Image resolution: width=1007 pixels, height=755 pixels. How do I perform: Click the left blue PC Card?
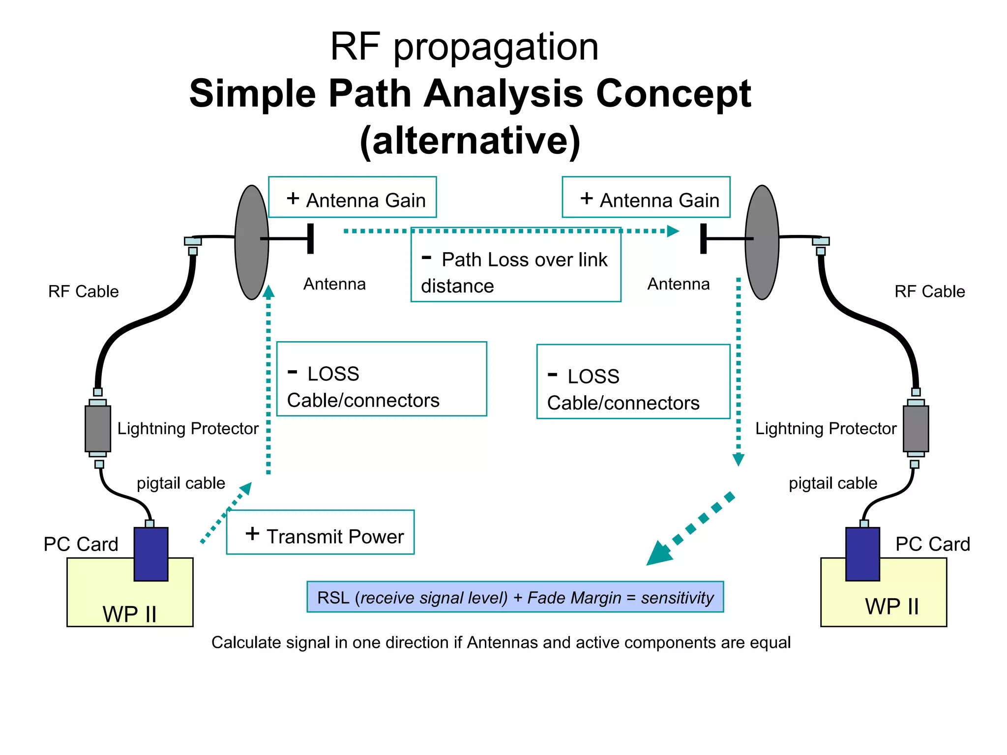pos(151,554)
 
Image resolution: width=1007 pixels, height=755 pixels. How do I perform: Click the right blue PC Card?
pos(862,554)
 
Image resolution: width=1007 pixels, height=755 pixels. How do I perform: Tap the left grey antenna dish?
pos(251,242)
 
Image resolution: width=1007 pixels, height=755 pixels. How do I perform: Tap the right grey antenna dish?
pos(762,242)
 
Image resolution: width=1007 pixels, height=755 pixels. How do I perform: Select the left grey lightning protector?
pos(98,428)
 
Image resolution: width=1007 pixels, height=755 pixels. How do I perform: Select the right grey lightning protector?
pos(916,428)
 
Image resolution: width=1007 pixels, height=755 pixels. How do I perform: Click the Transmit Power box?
pos(320,532)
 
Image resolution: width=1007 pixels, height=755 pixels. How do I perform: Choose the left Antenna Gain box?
pos(352,197)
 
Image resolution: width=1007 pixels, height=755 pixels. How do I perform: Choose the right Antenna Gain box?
pos(646,197)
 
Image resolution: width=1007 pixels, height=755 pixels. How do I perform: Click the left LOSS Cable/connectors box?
pos(382,379)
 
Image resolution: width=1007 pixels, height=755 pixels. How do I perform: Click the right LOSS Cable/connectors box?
pos(633,382)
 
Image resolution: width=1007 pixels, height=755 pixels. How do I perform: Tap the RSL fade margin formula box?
pos(515,597)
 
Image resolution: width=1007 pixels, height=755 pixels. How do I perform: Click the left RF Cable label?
pos(83,291)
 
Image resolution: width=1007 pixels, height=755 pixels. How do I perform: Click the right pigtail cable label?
pos(832,483)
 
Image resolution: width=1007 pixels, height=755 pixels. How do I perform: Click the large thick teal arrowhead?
pos(660,553)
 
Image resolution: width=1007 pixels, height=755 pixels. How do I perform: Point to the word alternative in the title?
pos(471,141)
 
